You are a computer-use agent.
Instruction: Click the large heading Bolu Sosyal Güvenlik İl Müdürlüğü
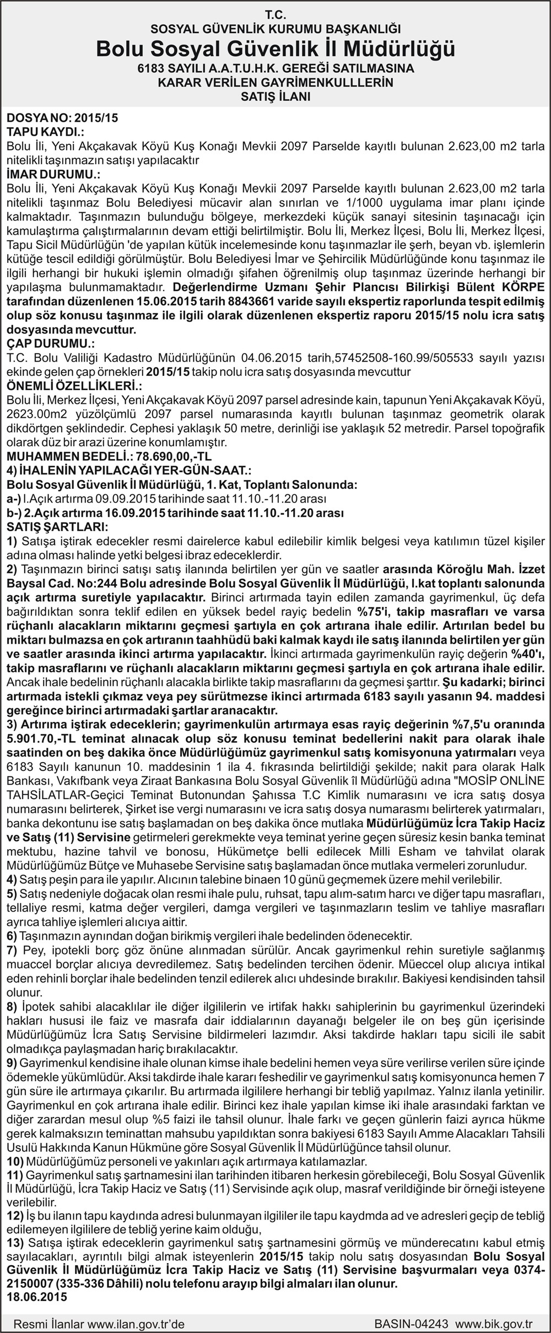click(275, 49)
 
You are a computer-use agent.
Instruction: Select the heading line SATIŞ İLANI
click(275, 97)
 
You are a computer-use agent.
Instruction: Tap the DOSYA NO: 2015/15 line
click(62, 117)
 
